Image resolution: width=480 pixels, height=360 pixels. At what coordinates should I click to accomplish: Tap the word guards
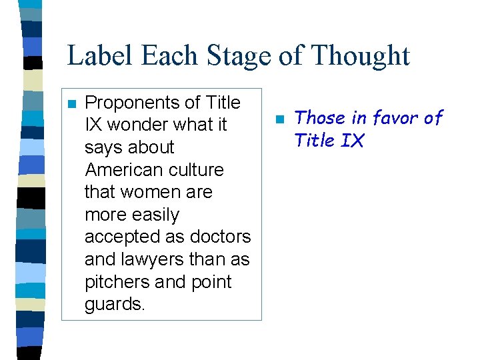tap(114, 305)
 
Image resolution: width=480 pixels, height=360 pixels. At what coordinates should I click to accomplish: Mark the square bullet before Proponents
tap(72, 104)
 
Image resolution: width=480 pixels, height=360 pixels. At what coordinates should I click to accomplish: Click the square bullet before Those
tap(281, 119)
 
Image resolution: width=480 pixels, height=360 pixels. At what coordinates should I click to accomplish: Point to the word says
tap(103, 147)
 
